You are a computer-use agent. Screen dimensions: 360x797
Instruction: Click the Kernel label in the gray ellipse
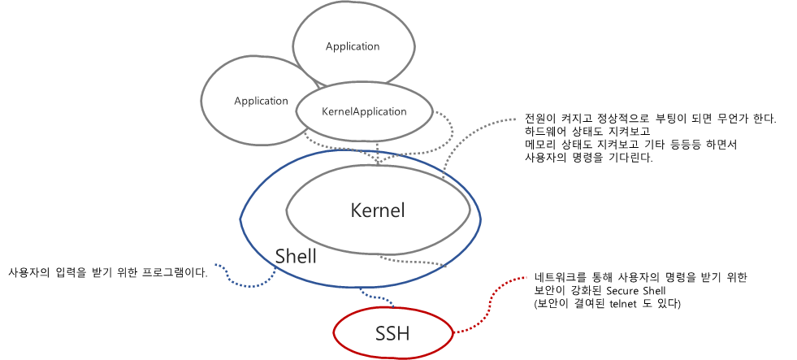[378, 210]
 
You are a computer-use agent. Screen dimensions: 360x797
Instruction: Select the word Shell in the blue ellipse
[296, 256]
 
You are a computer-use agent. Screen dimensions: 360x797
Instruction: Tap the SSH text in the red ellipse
[392, 333]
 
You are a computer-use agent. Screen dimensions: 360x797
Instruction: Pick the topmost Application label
[353, 46]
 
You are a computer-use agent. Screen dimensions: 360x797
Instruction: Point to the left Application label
[261, 102]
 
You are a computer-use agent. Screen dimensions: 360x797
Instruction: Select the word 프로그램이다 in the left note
[173, 273]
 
